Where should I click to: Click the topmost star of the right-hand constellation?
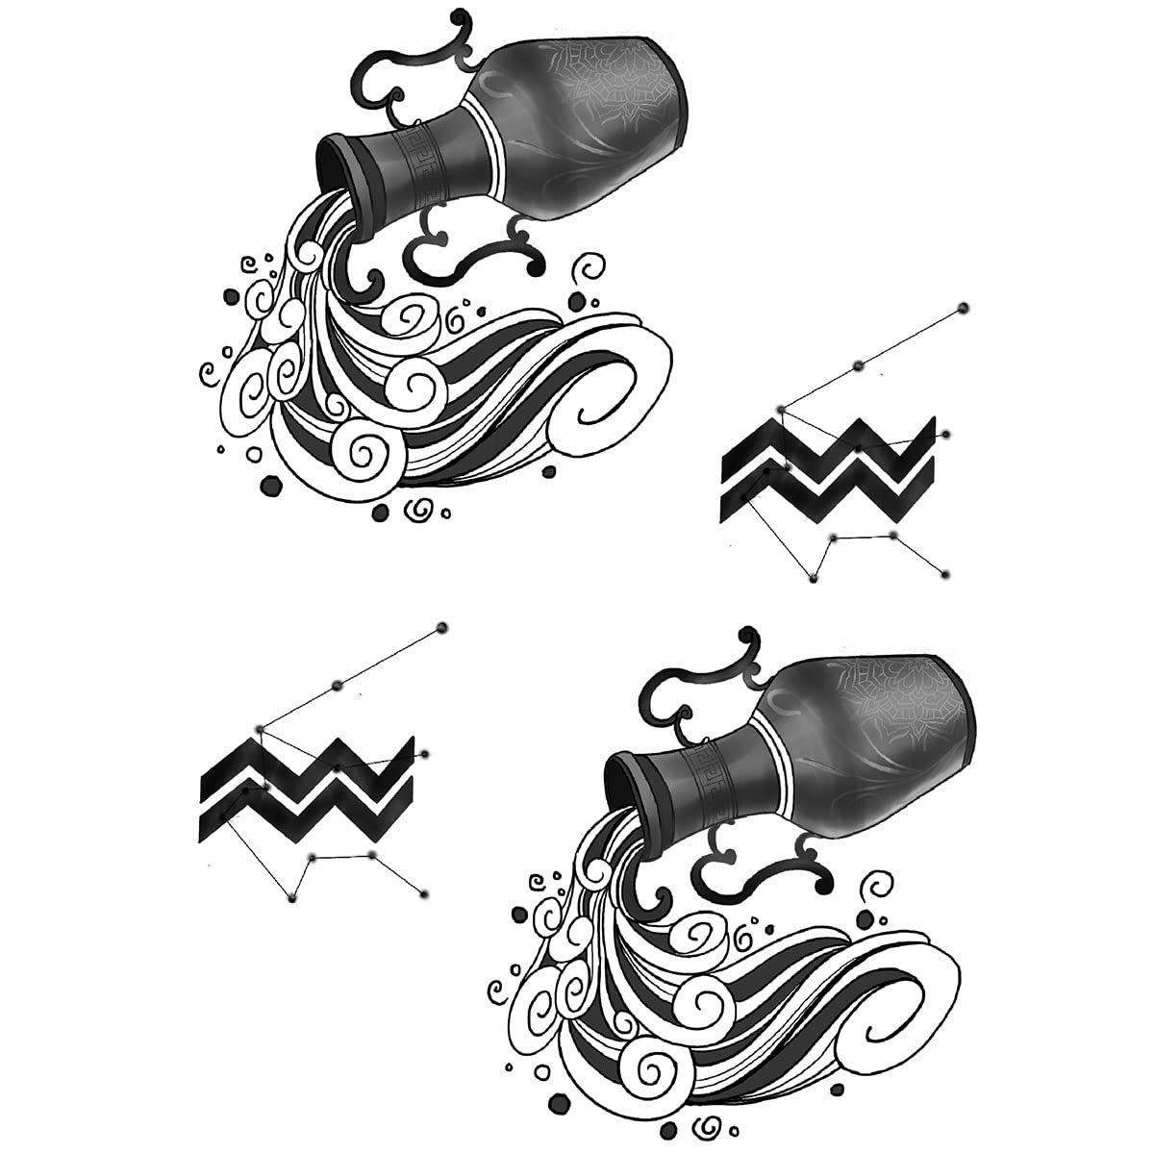tap(963, 308)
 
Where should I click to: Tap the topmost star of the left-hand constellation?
tap(442, 628)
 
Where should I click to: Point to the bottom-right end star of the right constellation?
tap(946, 574)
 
